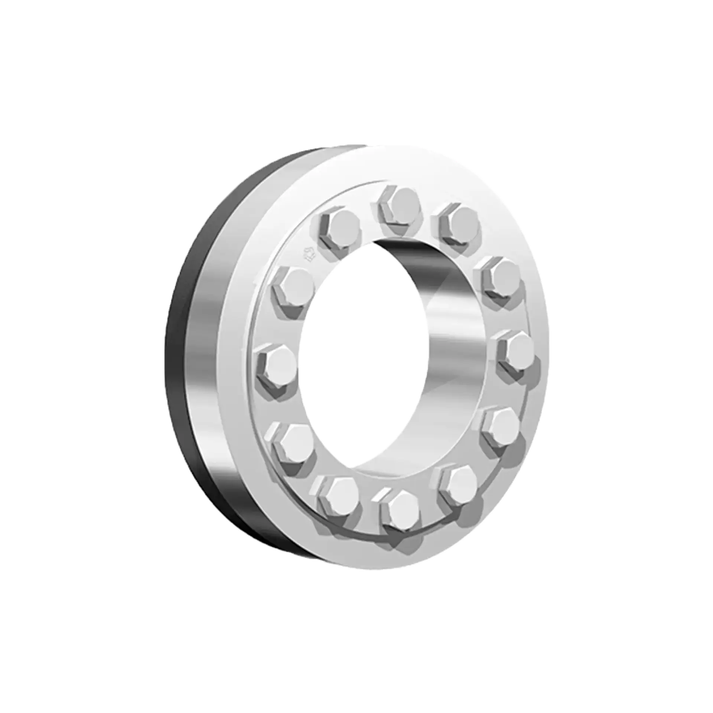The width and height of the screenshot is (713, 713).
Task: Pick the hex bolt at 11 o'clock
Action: click(x=340, y=229)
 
